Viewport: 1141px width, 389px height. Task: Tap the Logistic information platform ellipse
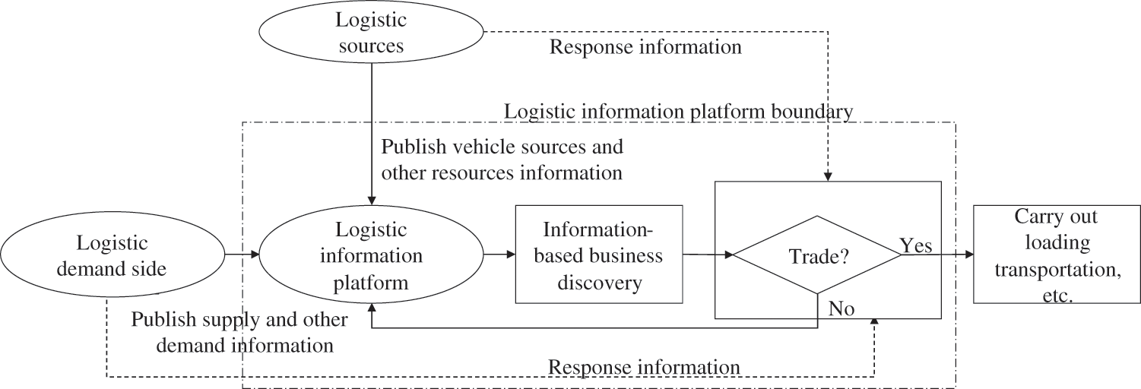372,255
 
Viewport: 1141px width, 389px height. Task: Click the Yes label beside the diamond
916,245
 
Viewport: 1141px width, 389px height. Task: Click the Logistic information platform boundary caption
678,111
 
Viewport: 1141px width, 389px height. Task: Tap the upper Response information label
645,47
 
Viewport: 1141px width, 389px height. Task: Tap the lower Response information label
645,367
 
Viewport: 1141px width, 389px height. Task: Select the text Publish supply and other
239,319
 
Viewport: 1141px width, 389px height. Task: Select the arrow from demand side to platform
241,255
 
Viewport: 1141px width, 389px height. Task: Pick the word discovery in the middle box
600,283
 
